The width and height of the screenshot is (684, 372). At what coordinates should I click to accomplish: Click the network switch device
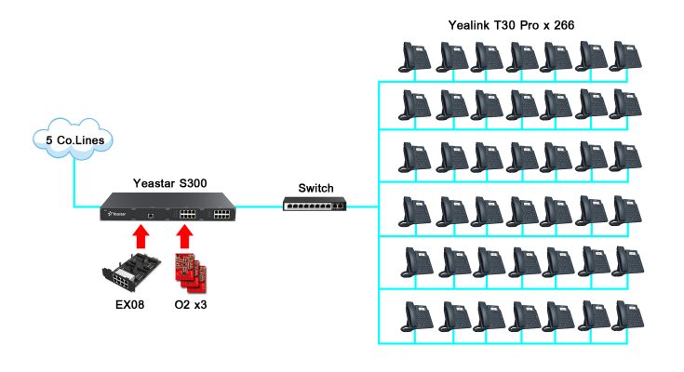click(317, 202)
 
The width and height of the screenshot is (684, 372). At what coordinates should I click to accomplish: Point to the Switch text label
click(315, 188)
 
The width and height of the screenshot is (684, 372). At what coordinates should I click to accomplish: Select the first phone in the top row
click(414, 58)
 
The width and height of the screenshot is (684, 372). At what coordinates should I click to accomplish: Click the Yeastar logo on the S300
click(116, 213)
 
